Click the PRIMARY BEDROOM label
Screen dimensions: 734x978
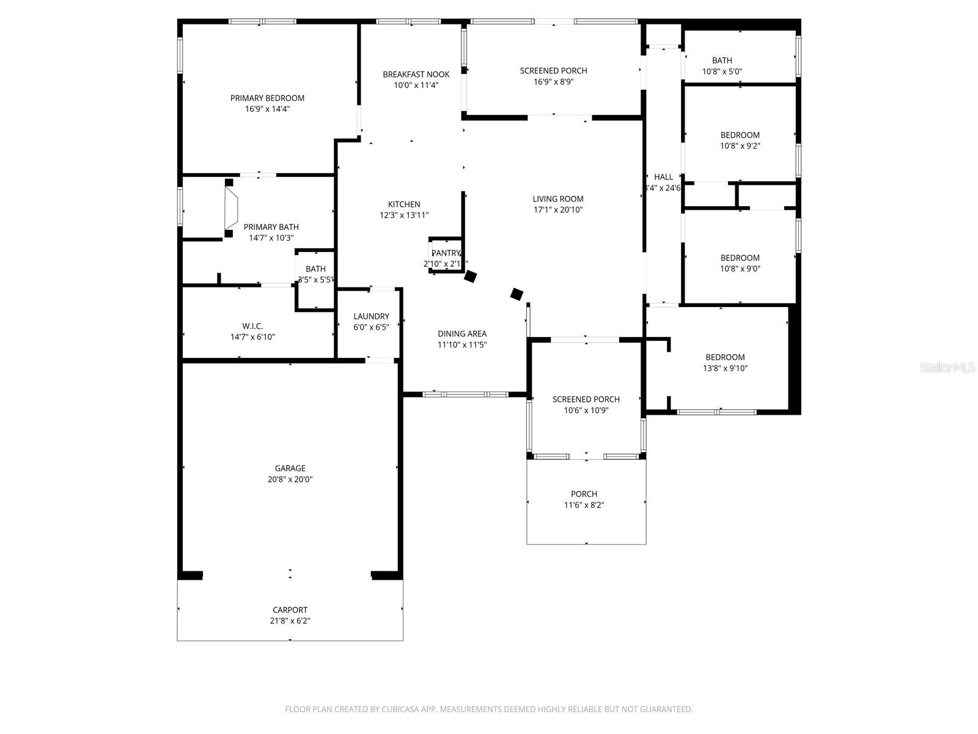pos(267,98)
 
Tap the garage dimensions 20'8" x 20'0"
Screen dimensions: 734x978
pos(290,480)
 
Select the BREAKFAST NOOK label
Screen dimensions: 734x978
pos(416,74)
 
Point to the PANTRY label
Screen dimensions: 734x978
pos(446,253)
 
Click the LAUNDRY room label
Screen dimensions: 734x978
pos(371,316)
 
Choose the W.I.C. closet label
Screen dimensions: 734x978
pos(252,326)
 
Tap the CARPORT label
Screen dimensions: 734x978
pos(290,610)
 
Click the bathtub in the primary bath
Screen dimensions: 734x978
pos(232,208)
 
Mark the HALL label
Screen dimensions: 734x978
pos(663,177)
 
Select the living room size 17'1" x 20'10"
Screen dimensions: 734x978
pos(558,210)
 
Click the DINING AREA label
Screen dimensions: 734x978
pos(462,333)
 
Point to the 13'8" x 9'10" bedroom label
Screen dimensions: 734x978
pos(725,357)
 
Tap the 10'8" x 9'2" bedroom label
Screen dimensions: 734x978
pos(740,135)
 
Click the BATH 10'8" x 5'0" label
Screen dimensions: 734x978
pos(722,61)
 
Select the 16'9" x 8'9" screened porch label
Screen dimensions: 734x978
pos(553,70)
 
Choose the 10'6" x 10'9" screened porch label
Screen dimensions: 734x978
pos(586,399)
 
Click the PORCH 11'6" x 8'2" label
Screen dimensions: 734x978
pos(584,494)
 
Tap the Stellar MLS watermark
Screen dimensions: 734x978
pos(947,367)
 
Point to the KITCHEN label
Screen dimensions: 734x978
pos(404,204)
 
